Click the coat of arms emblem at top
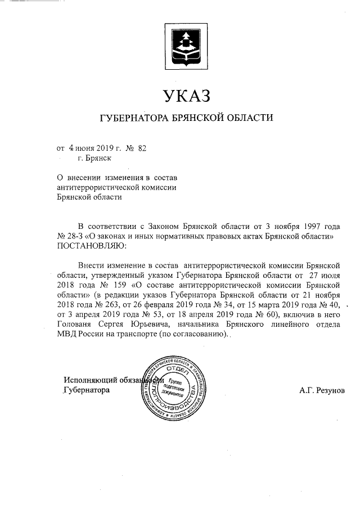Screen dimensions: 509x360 [x=186, y=44]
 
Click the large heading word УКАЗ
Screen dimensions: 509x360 [x=186, y=96]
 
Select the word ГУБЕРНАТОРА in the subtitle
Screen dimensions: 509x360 [x=131, y=118]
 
